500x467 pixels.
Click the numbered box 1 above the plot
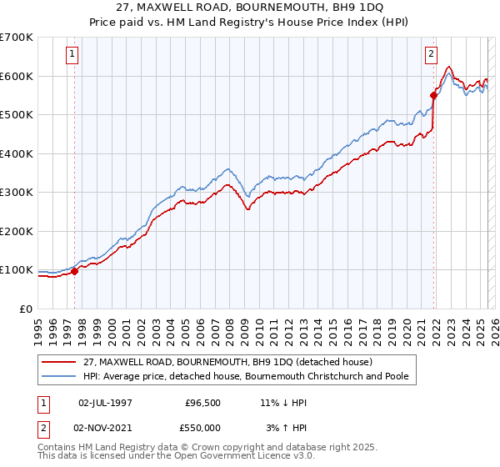pyautogui.click(x=73, y=55)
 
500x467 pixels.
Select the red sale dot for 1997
pyautogui.click(x=74, y=271)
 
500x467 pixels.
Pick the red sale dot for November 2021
pyautogui.click(x=433, y=95)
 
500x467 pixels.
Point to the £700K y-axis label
pyautogui.click(x=16, y=38)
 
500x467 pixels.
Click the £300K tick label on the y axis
pyautogui.click(x=16, y=193)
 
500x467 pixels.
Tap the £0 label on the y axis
pyautogui.click(x=25, y=309)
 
